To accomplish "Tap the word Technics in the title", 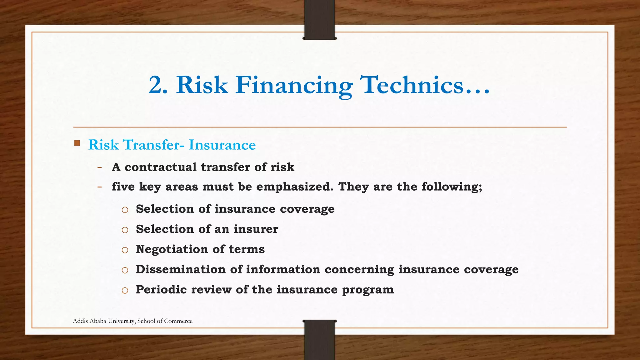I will pos(412,85).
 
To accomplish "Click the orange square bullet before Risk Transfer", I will pos(77,144).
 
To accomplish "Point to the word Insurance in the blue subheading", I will pos(222,145).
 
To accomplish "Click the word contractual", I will pos(160,167).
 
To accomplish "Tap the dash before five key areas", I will pos(99,187).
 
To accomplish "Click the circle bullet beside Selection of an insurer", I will pos(125,230).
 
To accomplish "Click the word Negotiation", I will pos(172,249).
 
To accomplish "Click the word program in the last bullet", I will pos(368,290).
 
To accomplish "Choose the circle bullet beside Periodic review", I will pos(125,291).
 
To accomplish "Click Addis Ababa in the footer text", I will pos(88,321).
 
